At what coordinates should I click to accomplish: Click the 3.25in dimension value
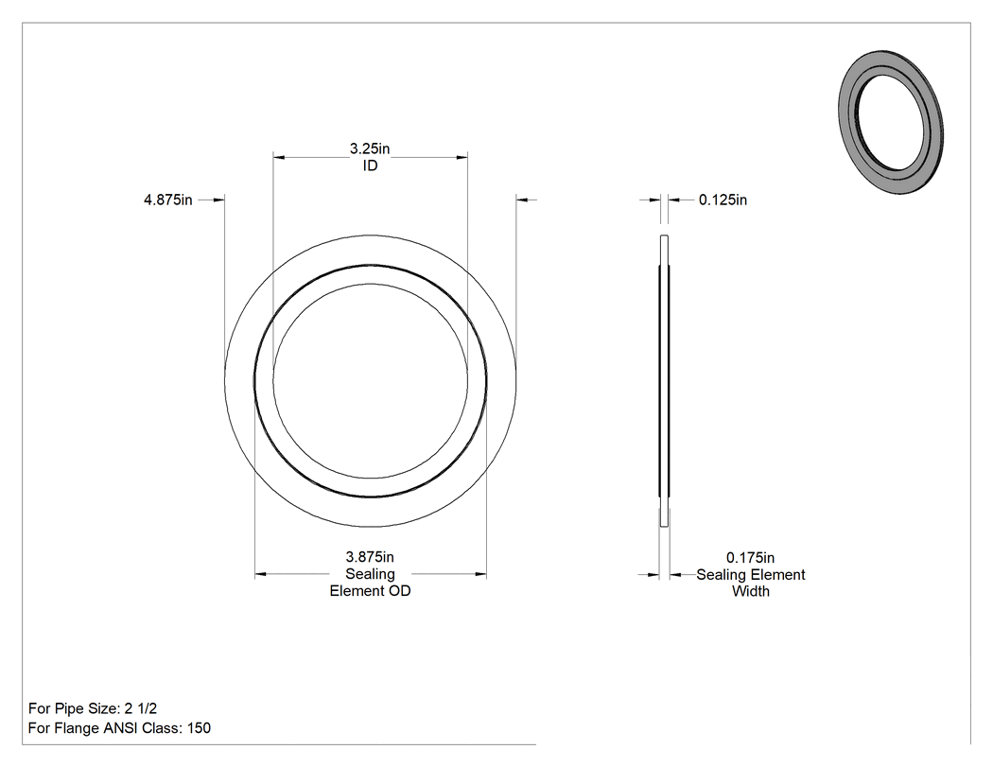370,148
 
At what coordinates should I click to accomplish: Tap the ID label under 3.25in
370,166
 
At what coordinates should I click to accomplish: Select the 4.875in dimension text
167,200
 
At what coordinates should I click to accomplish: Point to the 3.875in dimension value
370,557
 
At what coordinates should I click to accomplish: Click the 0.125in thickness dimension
723,200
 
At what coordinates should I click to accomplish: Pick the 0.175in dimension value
751,558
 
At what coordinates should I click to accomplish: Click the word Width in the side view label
751,591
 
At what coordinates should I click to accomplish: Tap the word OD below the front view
400,591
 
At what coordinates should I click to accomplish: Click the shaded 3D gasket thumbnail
891,122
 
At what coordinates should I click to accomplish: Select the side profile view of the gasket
664,380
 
